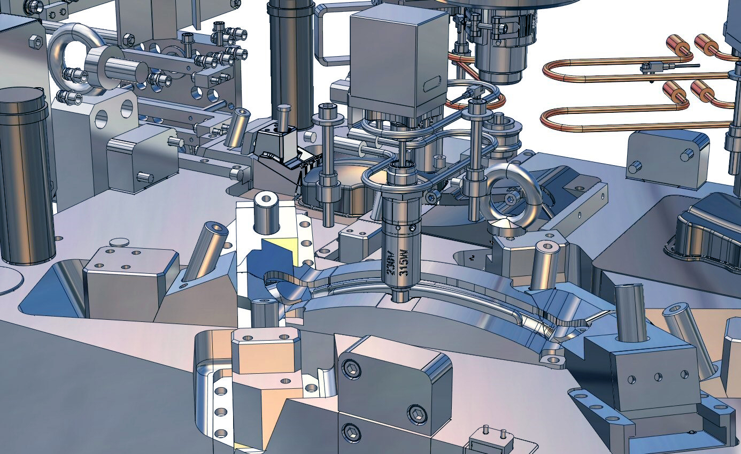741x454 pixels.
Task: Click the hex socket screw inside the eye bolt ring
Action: coord(510,199)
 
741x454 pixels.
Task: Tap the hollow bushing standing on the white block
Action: coord(266,213)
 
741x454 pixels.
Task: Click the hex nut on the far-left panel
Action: coord(36,42)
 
